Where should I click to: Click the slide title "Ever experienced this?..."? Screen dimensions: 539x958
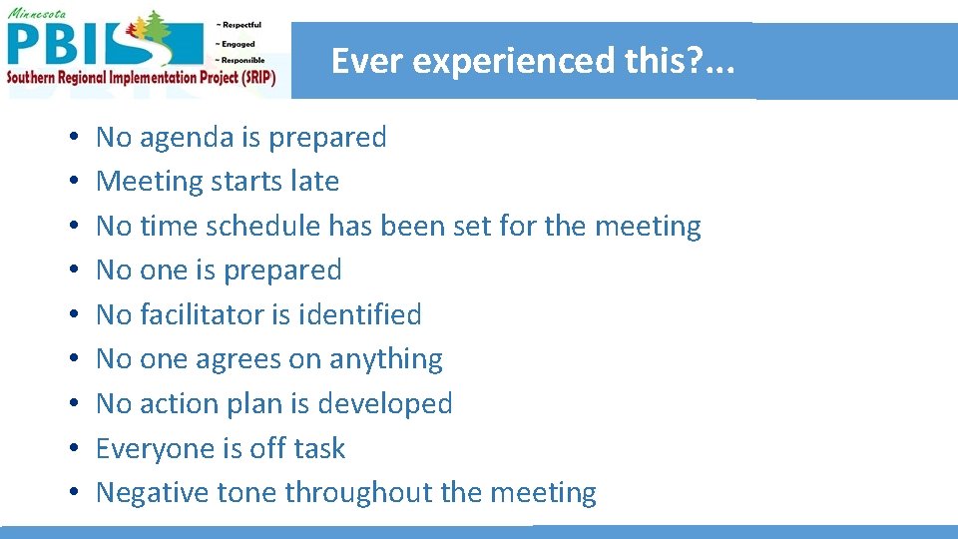click(533, 61)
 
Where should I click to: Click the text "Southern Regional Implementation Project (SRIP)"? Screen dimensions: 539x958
click(140, 77)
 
